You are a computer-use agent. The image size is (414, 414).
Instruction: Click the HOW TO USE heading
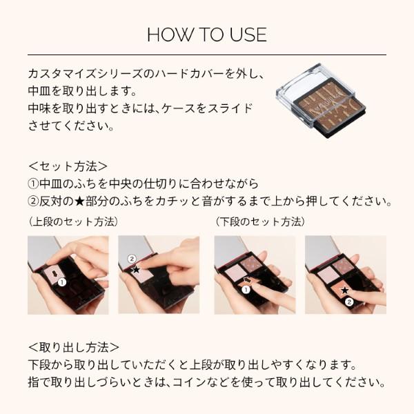tap(206, 34)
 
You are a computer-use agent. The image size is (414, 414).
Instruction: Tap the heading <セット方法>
tap(68, 166)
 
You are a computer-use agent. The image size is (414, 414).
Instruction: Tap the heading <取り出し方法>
tap(74, 347)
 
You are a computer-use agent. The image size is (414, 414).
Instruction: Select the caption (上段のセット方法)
tap(74, 222)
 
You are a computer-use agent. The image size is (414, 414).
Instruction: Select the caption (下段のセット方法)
tap(260, 222)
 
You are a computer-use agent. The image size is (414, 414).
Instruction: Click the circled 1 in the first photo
tap(61, 282)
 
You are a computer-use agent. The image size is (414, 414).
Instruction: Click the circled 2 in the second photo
tap(132, 259)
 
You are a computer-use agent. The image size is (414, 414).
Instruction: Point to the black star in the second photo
tap(135, 269)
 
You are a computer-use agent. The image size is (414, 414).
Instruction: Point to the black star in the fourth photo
tap(344, 290)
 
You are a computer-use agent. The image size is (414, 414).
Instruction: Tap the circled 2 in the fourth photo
tap(349, 302)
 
